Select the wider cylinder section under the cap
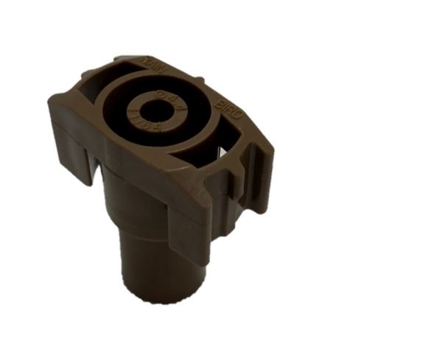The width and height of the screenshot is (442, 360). pyautogui.click(x=140, y=202)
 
